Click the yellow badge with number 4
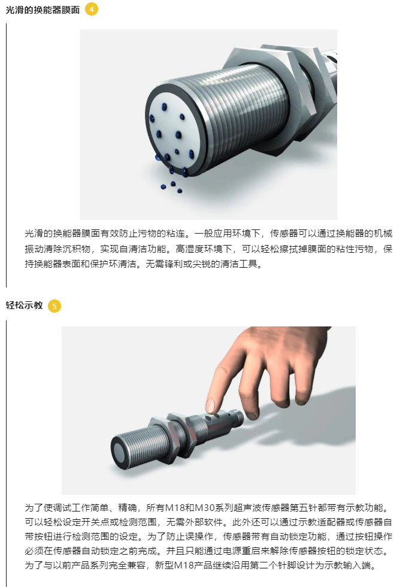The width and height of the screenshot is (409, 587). (92, 10)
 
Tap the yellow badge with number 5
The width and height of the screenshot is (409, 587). (54, 306)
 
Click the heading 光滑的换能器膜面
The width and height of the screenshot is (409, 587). (43, 10)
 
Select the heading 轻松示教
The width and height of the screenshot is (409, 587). (25, 305)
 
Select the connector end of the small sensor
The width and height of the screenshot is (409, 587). (235, 417)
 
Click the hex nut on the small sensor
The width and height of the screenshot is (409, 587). (177, 434)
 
